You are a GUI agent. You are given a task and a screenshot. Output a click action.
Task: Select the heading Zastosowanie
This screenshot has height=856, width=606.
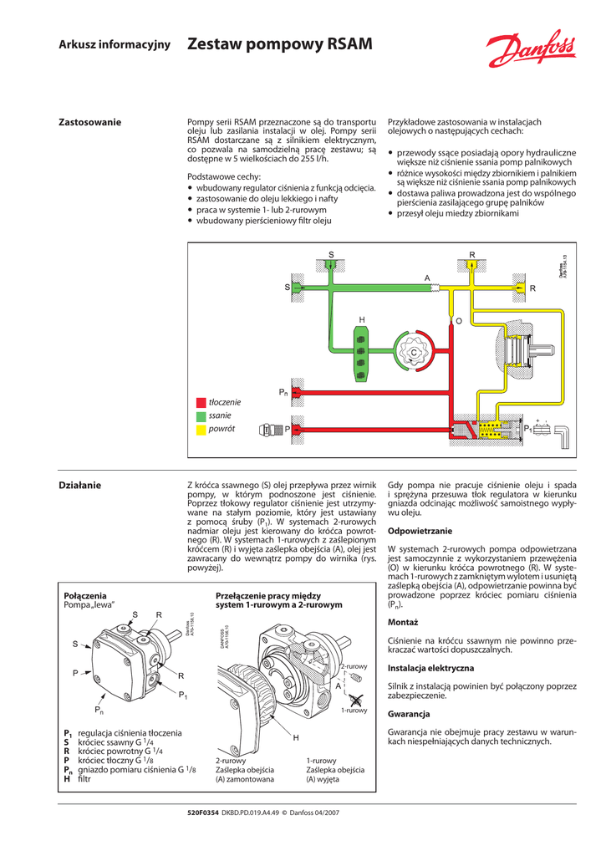point(89,123)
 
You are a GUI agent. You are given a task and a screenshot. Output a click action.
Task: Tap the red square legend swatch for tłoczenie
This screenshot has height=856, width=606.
point(201,402)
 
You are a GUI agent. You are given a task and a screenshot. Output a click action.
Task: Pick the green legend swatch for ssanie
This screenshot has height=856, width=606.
point(201,415)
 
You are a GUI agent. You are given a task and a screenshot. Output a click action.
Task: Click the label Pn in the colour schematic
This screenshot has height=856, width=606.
point(283,391)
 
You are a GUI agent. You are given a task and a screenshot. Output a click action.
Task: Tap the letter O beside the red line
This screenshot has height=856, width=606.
point(457,321)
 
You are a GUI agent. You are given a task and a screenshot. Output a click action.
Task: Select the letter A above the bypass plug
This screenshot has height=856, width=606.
point(426,278)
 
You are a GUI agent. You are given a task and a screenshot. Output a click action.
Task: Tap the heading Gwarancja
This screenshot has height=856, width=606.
point(409,714)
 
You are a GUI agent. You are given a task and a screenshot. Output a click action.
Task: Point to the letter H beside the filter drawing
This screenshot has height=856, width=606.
point(296,738)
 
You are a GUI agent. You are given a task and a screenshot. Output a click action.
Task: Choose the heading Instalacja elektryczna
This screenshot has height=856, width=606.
point(430,668)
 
